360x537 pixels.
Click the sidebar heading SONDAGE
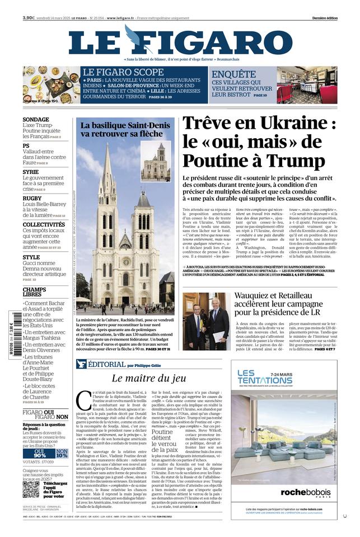[x=36, y=120]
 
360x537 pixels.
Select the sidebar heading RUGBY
[x=32, y=198]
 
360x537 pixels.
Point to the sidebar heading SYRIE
[x=31, y=172]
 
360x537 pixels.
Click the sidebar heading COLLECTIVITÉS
[x=44, y=224]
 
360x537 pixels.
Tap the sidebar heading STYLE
[x=31, y=257]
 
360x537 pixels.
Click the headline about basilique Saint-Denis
[x=125, y=130]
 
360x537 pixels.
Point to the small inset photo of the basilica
[x=156, y=162]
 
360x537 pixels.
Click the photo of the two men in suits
[x=206, y=322]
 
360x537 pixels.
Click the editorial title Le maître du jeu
[x=149, y=378]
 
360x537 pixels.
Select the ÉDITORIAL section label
[x=109, y=364]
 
